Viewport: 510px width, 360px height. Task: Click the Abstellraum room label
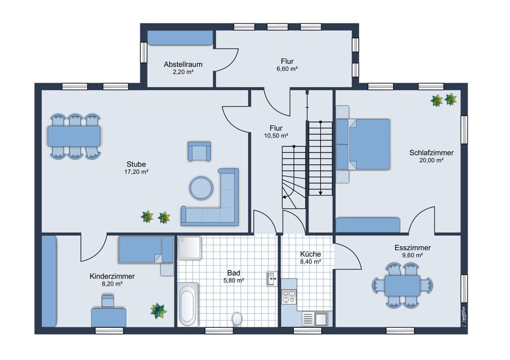(183, 64)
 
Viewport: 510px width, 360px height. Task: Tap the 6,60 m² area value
(287, 69)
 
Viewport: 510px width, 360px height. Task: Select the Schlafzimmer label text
(431, 152)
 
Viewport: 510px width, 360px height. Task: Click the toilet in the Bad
(238, 319)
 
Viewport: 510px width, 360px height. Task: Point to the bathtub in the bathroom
(188, 304)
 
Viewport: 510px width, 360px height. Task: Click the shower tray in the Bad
(189, 247)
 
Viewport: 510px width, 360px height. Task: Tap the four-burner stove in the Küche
(289, 296)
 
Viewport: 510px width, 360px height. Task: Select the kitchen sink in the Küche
(316, 318)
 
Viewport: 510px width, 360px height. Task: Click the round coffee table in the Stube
(201, 188)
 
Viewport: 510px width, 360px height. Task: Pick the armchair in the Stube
(199, 151)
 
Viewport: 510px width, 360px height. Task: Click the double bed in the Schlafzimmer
(363, 144)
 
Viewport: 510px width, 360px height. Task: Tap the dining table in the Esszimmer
(402, 285)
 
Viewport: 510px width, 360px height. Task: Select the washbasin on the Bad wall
(272, 279)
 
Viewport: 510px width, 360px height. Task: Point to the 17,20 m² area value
(136, 172)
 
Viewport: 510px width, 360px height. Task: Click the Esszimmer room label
(413, 248)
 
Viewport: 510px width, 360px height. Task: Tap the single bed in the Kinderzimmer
(146, 249)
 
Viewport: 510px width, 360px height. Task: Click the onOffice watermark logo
(463, 316)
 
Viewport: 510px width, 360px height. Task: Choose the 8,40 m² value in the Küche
(311, 261)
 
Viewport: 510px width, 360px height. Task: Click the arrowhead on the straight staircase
(320, 193)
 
